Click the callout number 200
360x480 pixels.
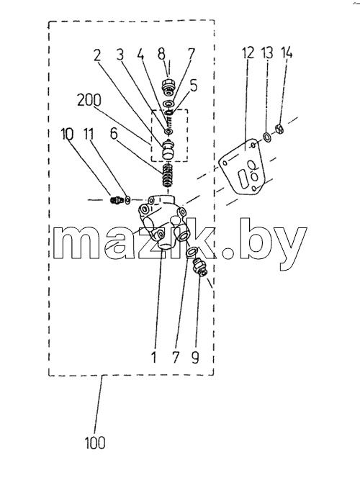(x=89, y=100)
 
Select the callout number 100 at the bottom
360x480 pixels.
(x=95, y=443)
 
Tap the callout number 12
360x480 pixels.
(x=248, y=53)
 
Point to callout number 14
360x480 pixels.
(x=287, y=53)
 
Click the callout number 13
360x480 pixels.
(x=267, y=53)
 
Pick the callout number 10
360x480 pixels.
(x=67, y=134)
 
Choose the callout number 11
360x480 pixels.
(x=89, y=134)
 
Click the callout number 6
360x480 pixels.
(x=114, y=134)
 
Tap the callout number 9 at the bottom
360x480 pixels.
(x=195, y=357)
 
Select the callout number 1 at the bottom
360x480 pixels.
(x=153, y=357)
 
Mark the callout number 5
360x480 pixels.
(x=194, y=86)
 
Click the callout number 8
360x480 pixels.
(x=161, y=54)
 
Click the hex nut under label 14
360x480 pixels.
(x=279, y=128)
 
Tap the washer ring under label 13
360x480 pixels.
(x=266, y=136)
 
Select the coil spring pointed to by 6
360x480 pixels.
(x=168, y=175)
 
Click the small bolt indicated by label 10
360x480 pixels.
(x=115, y=200)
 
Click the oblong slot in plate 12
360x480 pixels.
(x=243, y=180)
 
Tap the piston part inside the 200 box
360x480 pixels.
(x=168, y=150)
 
